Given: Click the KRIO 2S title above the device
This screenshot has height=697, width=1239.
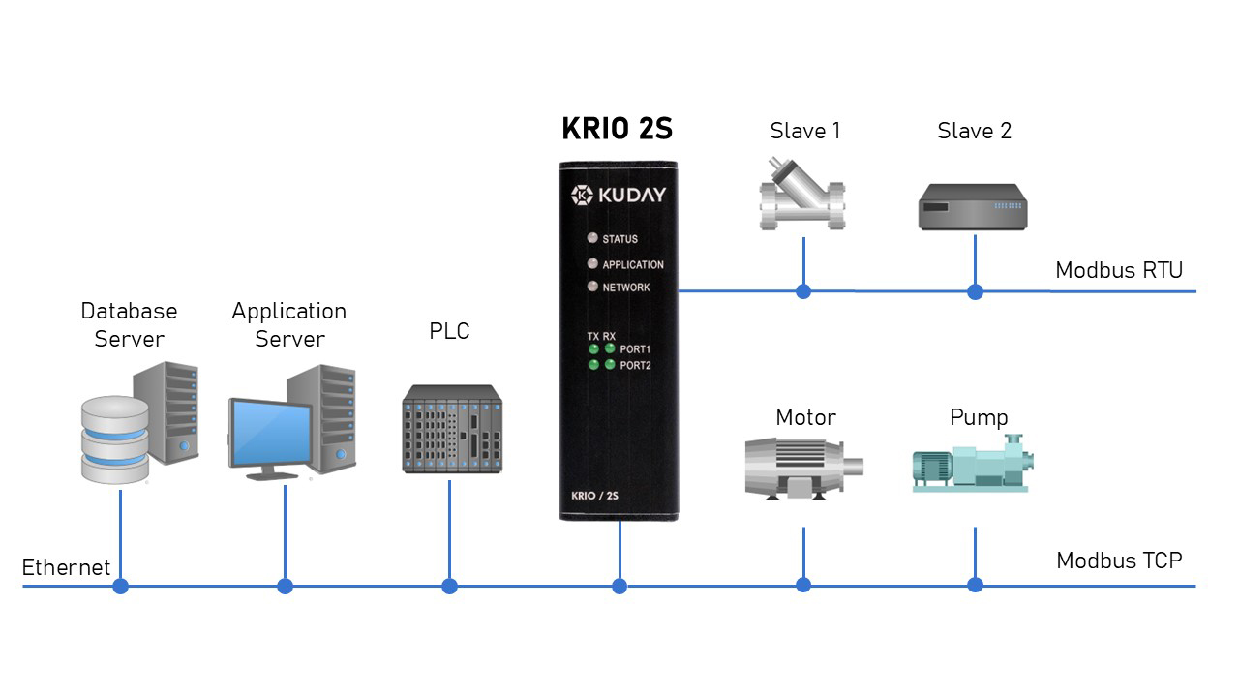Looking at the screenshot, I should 617,130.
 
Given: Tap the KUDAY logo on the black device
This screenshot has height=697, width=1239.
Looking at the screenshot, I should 618,195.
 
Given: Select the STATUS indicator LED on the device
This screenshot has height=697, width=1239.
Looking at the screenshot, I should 591,238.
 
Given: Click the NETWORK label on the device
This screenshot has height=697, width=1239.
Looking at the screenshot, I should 626,288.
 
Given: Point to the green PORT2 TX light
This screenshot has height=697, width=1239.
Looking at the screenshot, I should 593,364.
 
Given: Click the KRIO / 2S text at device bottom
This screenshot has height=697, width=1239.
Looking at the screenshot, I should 594,496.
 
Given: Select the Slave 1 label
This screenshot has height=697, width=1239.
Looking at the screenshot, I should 804,131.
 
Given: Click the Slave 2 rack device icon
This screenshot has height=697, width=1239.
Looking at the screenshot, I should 972,207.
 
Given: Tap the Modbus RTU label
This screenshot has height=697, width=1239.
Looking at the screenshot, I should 1119,270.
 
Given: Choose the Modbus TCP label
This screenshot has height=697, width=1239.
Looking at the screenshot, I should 1119,561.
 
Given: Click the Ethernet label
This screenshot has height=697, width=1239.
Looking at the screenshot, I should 66,567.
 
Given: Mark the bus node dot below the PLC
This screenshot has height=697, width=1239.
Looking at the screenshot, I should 449,586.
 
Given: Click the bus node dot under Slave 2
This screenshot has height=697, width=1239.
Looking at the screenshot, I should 975,291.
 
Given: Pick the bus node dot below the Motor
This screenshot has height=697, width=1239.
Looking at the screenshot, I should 803,585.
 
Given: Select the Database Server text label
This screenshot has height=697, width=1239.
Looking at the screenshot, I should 129,324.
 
